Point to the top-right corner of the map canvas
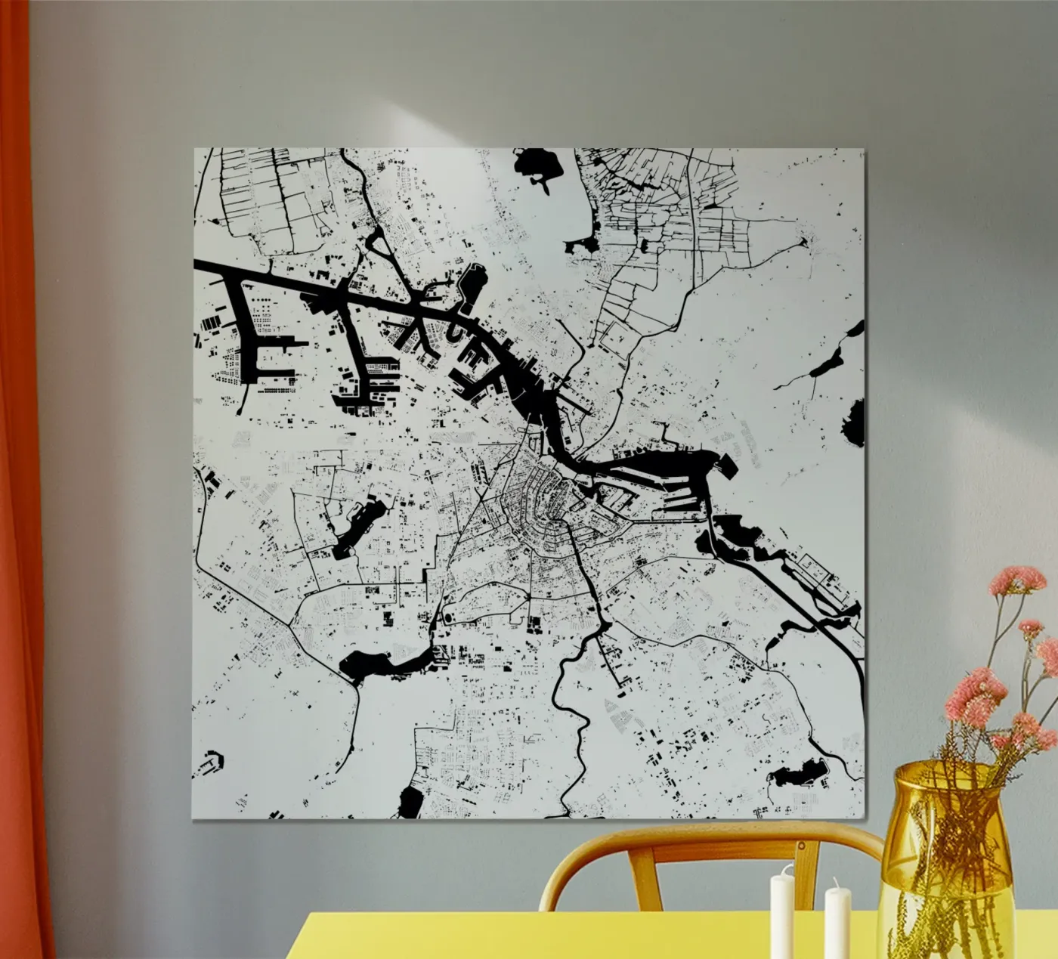coord(865,150)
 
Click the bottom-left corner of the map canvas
coord(193,819)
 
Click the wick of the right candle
coord(836,882)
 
